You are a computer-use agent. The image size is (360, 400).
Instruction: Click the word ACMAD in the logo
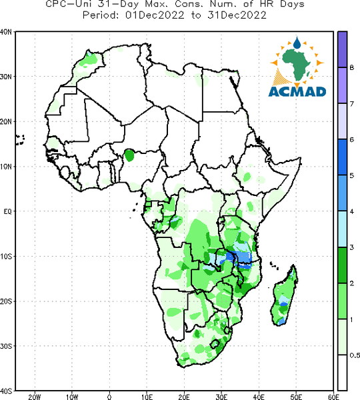tap(297, 92)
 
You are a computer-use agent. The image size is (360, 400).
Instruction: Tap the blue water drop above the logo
tap(297, 43)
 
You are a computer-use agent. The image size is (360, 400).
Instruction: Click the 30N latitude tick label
tap(5, 77)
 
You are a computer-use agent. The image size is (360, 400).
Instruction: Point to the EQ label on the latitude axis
tap(7, 211)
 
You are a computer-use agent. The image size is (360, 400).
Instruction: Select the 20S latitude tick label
tap(5, 301)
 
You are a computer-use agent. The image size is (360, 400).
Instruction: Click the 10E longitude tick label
tap(147, 397)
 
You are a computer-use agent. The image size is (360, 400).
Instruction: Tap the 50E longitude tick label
tap(296, 397)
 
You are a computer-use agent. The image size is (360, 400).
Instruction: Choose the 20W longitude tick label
tap(35, 397)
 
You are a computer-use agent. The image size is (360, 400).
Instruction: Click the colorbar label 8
tap(352, 67)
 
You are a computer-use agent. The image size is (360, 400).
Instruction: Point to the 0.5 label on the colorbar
tap(355, 355)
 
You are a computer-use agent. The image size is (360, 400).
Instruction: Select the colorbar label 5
tap(352, 175)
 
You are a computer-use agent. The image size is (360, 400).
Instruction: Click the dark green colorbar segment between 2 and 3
tap(343, 265)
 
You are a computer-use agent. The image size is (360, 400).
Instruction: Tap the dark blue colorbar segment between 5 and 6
tap(343, 157)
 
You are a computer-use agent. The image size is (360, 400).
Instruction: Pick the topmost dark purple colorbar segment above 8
tap(343, 49)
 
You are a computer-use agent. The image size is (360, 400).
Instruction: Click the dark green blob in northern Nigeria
tap(129, 155)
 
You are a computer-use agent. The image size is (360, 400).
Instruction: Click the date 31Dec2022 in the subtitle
tap(237, 15)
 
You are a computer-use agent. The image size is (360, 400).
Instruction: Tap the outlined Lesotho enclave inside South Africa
tap(215, 344)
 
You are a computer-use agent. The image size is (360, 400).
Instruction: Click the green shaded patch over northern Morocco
tap(89, 61)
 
